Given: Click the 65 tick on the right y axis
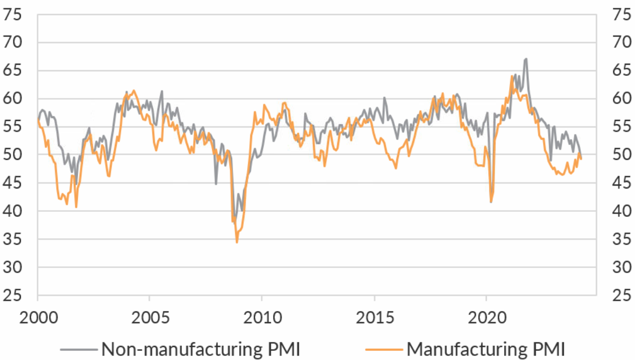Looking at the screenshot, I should tap(621, 71).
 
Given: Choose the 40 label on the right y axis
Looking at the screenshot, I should tap(621, 211).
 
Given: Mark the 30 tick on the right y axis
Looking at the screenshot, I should tap(621, 267).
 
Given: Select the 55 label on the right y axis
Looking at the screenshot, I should tap(621, 127).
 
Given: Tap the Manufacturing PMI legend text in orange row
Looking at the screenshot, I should tap(485, 348).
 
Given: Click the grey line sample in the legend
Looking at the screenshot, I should tap(78, 349).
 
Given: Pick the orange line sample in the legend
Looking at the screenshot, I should tap(384, 349).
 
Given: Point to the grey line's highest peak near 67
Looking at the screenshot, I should tap(526, 59).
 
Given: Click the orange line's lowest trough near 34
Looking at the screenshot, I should tap(237, 242).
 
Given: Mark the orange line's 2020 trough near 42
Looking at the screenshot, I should tap(491, 202).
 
